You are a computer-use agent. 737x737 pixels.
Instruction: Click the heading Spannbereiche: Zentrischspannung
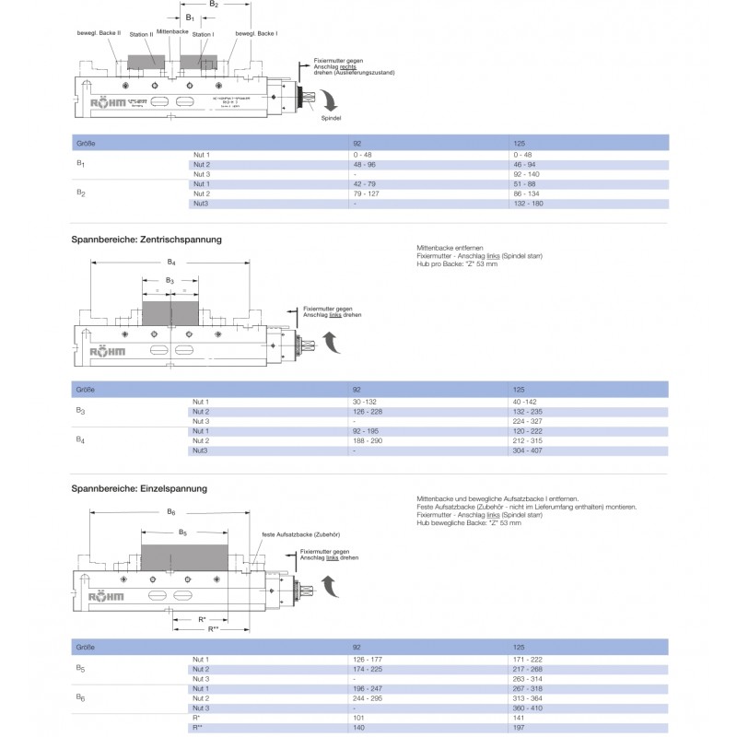click(146, 240)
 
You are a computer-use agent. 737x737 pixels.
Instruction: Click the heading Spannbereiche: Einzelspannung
click(139, 488)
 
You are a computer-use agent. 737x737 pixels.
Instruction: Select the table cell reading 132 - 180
click(529, 204)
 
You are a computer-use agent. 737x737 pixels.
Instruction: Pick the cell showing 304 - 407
click(529, 450)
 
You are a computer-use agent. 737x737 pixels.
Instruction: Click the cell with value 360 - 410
click(529, 708)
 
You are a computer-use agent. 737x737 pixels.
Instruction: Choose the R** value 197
click(519, 728)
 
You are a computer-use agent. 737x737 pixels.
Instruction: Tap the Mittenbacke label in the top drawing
click(172, 30)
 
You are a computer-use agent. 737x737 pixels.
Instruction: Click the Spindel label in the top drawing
click(332, 120)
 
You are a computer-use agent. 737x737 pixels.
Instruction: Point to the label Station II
click(141, 33)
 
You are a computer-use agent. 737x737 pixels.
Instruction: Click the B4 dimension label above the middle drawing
click(171, 263)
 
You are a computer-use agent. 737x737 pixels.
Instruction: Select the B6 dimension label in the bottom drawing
click(171, 512)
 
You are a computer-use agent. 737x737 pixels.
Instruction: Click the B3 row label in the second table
click(80, 412)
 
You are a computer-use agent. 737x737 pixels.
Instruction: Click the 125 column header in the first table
click(518, 144)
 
